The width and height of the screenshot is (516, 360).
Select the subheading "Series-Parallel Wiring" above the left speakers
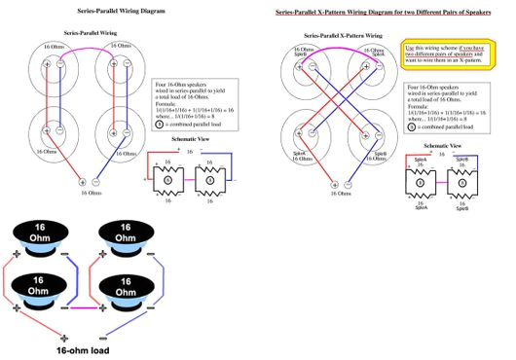pos(90,32)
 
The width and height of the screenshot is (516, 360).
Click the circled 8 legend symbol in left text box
pos(163,126)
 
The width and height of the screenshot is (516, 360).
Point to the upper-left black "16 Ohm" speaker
pos(36,235)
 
